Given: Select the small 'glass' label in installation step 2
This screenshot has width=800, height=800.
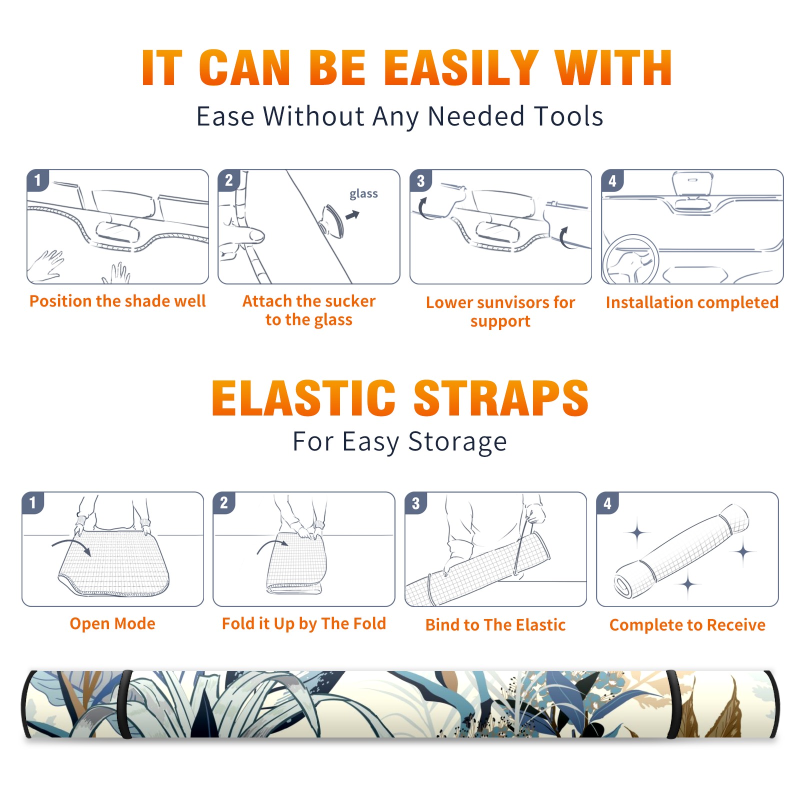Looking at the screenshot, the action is point(363,194).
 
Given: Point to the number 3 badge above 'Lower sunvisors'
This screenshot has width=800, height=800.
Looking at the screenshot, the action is point(420,180).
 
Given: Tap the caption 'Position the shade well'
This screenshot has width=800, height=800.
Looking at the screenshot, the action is point(117,301).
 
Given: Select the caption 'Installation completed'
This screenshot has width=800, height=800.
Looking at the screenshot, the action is point(692,302).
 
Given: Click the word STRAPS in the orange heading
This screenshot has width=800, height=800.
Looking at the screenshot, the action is point(501,398).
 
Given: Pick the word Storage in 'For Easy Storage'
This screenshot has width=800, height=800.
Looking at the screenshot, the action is point(457,442).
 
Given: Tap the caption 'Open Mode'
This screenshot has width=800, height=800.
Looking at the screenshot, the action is point(112,623).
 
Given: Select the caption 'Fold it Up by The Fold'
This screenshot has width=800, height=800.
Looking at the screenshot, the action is point(304,623).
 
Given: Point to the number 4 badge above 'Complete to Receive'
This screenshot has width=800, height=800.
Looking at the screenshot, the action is point(607,503).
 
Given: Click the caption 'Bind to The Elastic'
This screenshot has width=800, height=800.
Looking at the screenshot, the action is point(495,625).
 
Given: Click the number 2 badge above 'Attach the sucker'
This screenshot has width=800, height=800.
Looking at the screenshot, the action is point(229,180).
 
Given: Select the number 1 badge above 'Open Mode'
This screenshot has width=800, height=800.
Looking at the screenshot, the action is point(33,503).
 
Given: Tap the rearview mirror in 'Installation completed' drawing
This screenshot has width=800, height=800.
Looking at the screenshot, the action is point(692,183).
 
